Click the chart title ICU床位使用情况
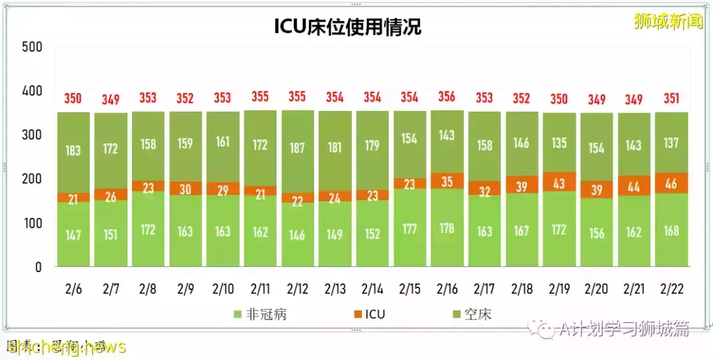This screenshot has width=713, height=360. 347,26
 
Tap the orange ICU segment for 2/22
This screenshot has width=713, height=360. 671,183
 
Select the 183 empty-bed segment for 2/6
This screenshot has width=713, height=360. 73,151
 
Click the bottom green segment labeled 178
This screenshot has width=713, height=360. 447,228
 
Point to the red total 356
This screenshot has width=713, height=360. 447,96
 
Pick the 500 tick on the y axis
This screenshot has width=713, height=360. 32,47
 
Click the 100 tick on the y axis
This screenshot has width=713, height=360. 32,223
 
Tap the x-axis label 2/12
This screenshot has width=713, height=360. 297,289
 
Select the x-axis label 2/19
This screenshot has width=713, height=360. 559,289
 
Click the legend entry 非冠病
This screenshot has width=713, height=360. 260,314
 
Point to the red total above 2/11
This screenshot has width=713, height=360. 260,96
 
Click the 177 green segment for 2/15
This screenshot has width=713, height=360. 409,229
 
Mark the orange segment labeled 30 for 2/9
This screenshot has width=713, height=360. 186,188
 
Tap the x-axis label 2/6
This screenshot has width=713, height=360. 73,289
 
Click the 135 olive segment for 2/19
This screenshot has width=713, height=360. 559,142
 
